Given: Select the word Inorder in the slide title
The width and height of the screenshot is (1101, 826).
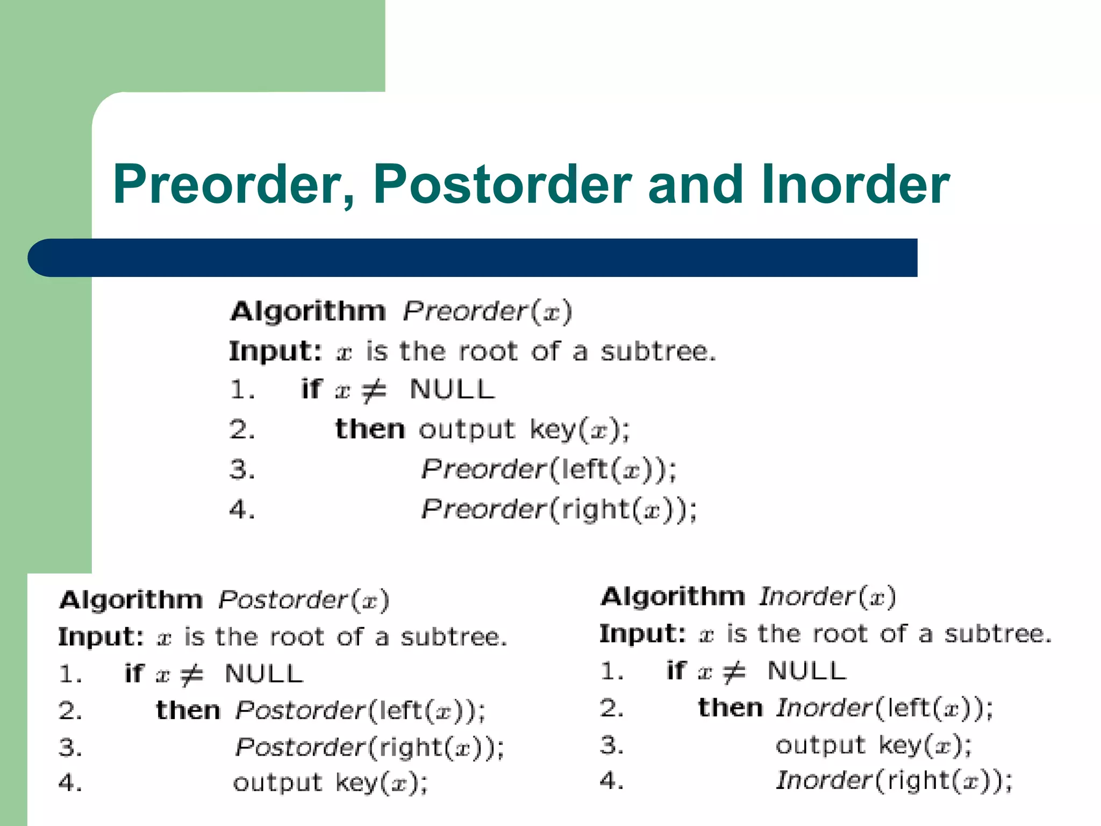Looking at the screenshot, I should (855, 184).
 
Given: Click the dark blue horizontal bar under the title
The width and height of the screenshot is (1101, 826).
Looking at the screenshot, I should (473, 258).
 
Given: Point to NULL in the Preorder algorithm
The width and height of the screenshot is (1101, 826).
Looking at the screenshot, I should (452, 389).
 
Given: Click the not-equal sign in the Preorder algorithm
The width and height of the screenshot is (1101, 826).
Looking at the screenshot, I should (374, 390).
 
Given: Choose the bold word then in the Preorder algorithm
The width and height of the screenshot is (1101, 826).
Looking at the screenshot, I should (370, 429).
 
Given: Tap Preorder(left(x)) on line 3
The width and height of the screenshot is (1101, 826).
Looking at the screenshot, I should (548, 469).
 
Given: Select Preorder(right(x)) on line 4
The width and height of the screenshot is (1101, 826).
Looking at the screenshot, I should (559, 509).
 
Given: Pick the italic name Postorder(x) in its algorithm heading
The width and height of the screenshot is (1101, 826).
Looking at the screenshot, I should (304, 600).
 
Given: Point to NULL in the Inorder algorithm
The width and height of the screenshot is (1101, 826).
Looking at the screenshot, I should (806, 671).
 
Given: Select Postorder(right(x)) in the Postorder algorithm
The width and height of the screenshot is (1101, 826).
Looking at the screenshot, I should (370, 747).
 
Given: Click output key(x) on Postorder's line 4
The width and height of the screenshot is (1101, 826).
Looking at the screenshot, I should (330, 783).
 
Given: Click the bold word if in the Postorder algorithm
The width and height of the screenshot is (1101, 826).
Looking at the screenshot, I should (134, 673).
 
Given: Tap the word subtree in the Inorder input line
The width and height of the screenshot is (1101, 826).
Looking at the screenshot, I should (998, 634).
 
